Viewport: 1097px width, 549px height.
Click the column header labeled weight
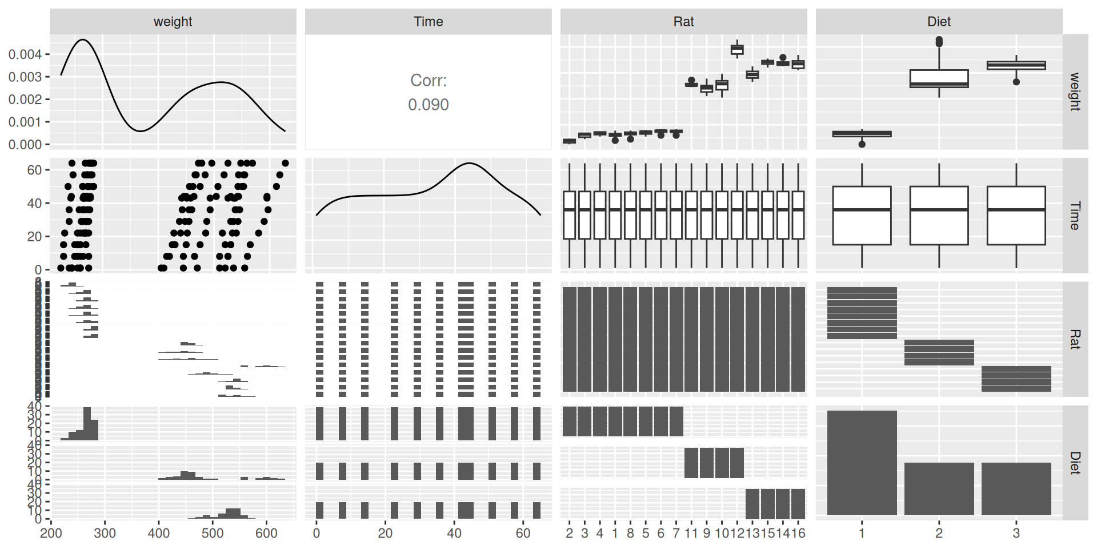pyautogui.click(x=173, y=22)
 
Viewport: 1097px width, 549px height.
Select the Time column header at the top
pyautogui.click(x=428, y=22)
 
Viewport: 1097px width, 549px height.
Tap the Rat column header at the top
pyautogui.click(x=683, y=22)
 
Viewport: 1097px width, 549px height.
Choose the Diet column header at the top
pyautogui.click(x=939, y=22)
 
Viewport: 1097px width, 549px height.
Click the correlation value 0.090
pyautogui.click(x=428, y=105)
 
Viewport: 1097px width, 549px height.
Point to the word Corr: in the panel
pyautogui.click(x=428, y=81)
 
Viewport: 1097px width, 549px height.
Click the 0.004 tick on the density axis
pyautogui.click(x=25, y=54)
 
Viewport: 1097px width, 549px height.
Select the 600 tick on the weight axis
pyautogui.click(x=266, y=534)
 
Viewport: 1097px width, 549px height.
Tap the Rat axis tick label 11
pyautogui.click(x=691, y=534)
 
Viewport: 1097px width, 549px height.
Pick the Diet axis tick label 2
pyautogui.click(x=939, y=534)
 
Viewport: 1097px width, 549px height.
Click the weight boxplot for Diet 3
pyautogui.click(x=1016, y=66)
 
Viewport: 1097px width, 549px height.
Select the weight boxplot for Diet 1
pyautogui.click(x=862, y=134)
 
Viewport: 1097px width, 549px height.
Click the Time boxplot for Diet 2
pyautogui.click(x=939, y=216)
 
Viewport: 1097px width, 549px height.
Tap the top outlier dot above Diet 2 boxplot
pyautogui.click(x=939, y=40)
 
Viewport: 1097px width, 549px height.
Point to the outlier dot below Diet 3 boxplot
pyautogui.click(x=1016, y=82)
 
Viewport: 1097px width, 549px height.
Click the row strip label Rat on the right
pyautogui.click(x=1075, y=339)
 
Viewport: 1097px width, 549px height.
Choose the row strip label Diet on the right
pyautogui.click(x=1075, y=463)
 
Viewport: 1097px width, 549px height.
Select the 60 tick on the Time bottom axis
pyautogui.click(x=523, y=534)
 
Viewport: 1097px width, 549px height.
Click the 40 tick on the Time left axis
pyautogui.click(x=34, y=204)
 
